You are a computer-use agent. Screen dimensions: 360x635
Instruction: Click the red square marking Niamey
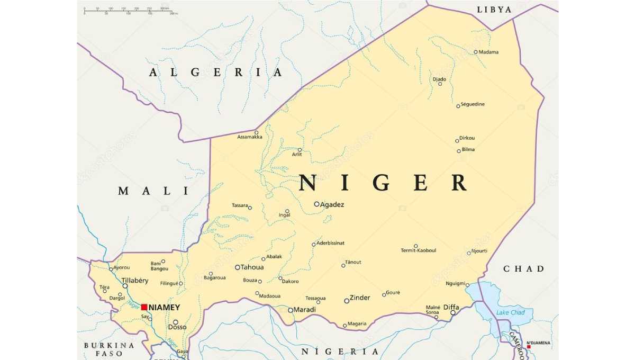(144, 307)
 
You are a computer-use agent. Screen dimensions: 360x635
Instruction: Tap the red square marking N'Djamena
(529, 347)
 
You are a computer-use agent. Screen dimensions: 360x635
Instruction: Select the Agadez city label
(332, 204)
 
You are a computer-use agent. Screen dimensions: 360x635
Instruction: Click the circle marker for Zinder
(347, 301)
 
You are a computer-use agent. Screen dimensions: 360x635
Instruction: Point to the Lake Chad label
(510, 313)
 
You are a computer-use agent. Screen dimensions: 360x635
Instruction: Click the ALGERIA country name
(216, 73)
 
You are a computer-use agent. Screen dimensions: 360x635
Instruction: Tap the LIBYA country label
(494, 10)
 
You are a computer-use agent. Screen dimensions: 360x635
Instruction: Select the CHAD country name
(523, 269)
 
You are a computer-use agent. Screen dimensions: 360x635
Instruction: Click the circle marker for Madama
(475, 52)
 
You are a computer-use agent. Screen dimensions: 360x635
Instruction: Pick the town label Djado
(439, 79)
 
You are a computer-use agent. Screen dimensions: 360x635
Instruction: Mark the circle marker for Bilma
(459, 151)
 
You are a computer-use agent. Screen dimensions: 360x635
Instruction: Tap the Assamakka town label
(250, 137)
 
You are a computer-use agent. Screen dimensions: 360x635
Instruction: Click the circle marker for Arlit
(300, 150)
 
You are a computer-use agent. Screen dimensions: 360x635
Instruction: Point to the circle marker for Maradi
(290, 310)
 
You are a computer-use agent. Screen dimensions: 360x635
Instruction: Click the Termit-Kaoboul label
(418, 250)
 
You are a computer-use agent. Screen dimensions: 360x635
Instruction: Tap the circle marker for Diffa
(452, 313)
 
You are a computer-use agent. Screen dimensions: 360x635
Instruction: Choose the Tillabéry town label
(135, 281)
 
